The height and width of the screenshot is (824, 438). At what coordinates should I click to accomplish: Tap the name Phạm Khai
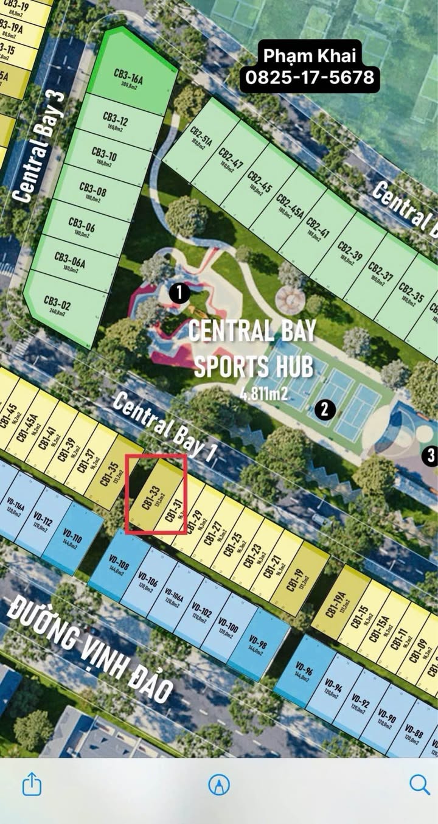click(310, 57)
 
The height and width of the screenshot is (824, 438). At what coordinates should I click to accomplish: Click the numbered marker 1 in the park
click(179, 293)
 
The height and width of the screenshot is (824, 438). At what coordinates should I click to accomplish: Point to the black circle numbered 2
click(324, 410)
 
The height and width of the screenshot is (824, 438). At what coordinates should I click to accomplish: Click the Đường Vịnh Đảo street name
click(91, 648)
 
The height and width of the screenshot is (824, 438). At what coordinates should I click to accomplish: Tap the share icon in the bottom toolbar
click(32, 784)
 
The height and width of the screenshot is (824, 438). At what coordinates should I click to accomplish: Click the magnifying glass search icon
click(419, 784)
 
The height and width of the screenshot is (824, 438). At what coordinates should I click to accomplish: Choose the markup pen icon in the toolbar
click(219, 784)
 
